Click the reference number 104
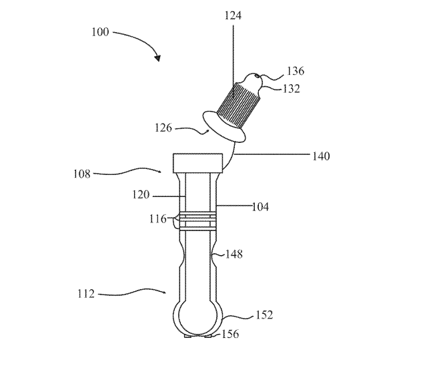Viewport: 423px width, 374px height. point(260,207)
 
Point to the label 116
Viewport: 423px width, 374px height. point(158,218)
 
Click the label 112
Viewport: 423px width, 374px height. point(85,293)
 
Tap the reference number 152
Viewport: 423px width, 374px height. point(264,315)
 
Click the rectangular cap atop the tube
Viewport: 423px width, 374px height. point(197,162)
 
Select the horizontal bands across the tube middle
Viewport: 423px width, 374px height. point(197,218)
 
